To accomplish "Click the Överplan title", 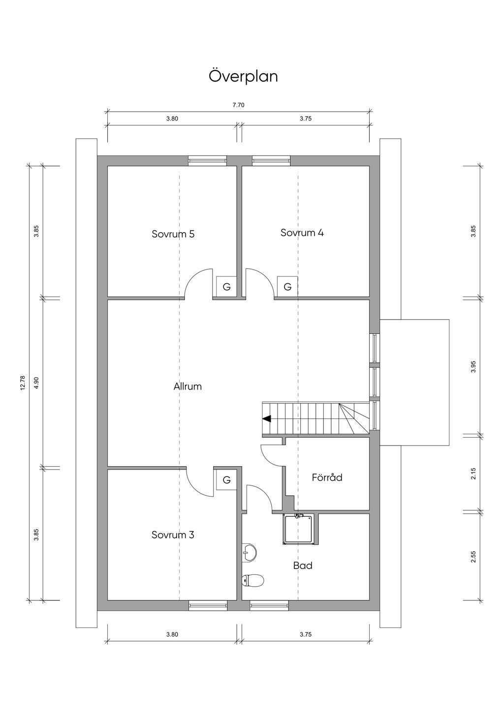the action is pyautogui.click(x=243, y=76).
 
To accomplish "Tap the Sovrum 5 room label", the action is pyautogui.click(x=173, y=234).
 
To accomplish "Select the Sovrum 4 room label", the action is pyautogui.click(x=302, y=233).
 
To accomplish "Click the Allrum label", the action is pyautogui.click(x=188, y=386).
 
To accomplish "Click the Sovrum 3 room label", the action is pyautogui.click(x=172, y=534).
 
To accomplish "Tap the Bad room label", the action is pyautogui.click(x=303, y=565).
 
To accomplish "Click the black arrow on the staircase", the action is pyautogui.click(x=267, y=419).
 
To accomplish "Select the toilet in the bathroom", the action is pyautogui.click(x=253, y=581).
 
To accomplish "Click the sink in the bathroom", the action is pyautogui.click(x=249, y=553).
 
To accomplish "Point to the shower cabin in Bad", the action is pyautogui.click(x=300, y=530).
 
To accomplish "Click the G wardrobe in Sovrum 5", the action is pyautogui.click(x=226, y=287).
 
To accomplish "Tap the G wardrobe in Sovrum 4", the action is pyautogui.click(x=287, y=287).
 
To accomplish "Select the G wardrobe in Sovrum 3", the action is pyautogui.click(x=226, y=479).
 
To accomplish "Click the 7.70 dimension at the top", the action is pyautogui.click(x=238, y=105).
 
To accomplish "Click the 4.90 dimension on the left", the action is pyautogui.click(x=36, y=383).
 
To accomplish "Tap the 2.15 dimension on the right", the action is pyautogui.click(x=473, y=474).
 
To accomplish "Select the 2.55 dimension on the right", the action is pyautogui.click(x=473, y=557).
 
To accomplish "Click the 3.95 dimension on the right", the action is pyautogui.click(x=473, y=366).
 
